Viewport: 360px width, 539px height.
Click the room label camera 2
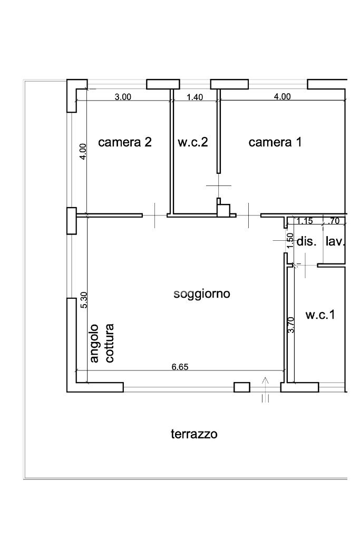click(x=124, y=142)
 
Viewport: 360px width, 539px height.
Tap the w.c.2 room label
click(x=192, y=142)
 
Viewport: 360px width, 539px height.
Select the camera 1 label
click(x=275, y=142)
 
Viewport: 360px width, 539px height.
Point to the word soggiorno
click(x=201, y=295)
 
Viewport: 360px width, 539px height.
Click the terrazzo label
click(x=194, y=434)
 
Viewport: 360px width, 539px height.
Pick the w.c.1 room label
click(x=320, y=315)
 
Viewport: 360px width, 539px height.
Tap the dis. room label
click(x=306, y=241)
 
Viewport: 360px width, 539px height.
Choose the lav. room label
click(x=335, y=241)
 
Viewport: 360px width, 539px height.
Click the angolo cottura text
click(x=102, y=343)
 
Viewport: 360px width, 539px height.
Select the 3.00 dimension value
click(x=123, y=97)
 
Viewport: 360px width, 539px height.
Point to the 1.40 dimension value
click(x=194, y=97)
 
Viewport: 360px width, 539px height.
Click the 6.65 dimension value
click(x=180, y=367)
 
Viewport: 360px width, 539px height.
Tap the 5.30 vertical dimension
click(x=84, y=300)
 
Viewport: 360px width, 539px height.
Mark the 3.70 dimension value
click(x=291, y=325)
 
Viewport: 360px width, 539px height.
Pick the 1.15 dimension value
click(x=305, y=221)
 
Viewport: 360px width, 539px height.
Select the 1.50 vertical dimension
click(x=290, y=240)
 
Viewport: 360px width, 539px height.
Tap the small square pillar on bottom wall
click(x=242, y=387)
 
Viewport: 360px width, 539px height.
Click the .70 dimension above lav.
click(x=334, y=221)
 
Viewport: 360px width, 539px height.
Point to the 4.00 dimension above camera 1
click(x=283, y=96)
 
